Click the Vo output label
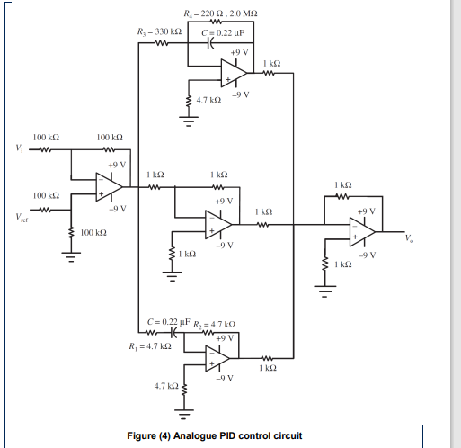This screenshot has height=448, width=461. click(410, 238)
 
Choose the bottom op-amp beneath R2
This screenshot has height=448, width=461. click(217, 356)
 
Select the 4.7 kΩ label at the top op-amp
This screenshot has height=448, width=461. click(208, 102)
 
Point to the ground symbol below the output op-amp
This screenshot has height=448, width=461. click(324, 291)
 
